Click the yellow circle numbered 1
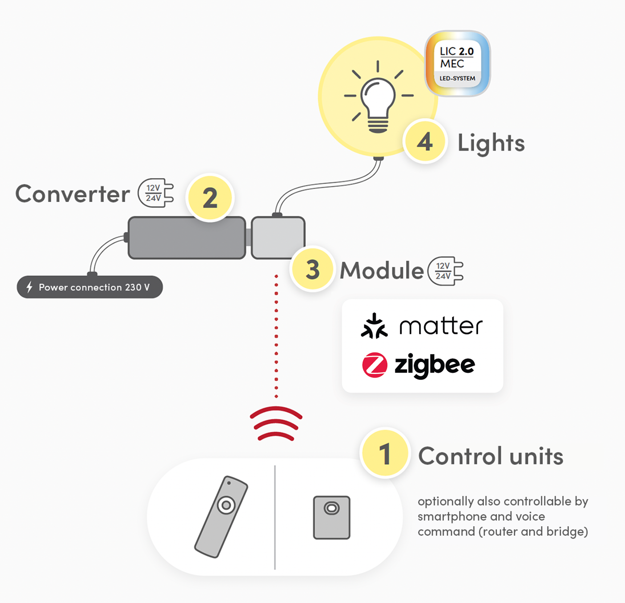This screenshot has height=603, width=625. (x=385, y=453)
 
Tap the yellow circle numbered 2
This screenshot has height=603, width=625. (x=210, y=198)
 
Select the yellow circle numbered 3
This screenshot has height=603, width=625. (x=312, y=269)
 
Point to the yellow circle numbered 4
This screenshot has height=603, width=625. (x=425, y=141)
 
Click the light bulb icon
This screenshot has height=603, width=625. (x=378, y=97)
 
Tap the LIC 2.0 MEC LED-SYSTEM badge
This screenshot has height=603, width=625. (x=457, y=63)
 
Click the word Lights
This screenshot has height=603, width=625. (x=491, y=143)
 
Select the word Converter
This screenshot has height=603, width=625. (x=73, y=194)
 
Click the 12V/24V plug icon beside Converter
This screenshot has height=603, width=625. (x=156, y=193)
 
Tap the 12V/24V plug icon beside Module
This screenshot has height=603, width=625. (x=445, y=271)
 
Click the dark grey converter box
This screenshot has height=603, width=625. (x=187, y=238)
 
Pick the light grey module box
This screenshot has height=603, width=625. (x=278, y=238)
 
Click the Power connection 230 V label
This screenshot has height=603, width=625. (x=90, y=287)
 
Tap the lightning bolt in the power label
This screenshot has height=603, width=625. (x=29, y=287)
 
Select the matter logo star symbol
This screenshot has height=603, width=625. (x=374, y=326)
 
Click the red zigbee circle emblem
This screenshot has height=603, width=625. (x=375, y=365)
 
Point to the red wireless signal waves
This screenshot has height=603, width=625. (x=276, y=423)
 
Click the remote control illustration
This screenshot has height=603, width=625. (x=221, y=517)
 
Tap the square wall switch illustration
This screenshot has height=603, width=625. (x=332, y=518)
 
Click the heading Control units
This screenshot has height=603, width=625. (x=491, y=456)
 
